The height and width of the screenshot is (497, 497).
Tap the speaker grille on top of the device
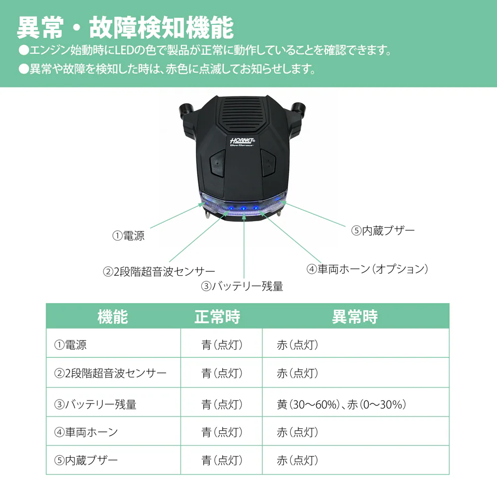click(x=243, y=111)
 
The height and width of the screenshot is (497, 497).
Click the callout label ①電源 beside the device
click(x=128, y=236)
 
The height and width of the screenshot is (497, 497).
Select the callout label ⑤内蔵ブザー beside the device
click(x=383, y=231)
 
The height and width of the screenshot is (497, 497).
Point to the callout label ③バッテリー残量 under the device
click(x=242, y=286)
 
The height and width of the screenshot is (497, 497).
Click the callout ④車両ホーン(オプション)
click(x=367, y=269)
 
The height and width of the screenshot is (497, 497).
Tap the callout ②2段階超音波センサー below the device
click(x=159, y=272)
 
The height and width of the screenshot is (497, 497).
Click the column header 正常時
click(x=218, y=317)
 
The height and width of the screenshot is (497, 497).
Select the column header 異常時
click(x=355, y=317)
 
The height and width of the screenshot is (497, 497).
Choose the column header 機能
click(x=113, y=317)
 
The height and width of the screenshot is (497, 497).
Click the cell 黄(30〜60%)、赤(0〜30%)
click(x=341, y=405)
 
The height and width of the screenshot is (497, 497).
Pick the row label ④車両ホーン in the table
click(x=86, y=432)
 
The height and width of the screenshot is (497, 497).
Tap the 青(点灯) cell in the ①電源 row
click(x=222, y=344)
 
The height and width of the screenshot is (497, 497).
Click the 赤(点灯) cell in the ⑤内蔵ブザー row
click(x=297, y=460)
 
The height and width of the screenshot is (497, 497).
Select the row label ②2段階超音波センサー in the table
click(x=110, y=373)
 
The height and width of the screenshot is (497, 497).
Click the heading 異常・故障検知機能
click(x=126, y=28)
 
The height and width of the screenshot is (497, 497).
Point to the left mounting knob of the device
click(x=186, y=110)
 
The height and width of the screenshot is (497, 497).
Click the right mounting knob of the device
click(x=298, y=109)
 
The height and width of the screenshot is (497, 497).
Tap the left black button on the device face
click(x=218, y=163)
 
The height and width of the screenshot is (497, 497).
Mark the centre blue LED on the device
click(x=244, y=209)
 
